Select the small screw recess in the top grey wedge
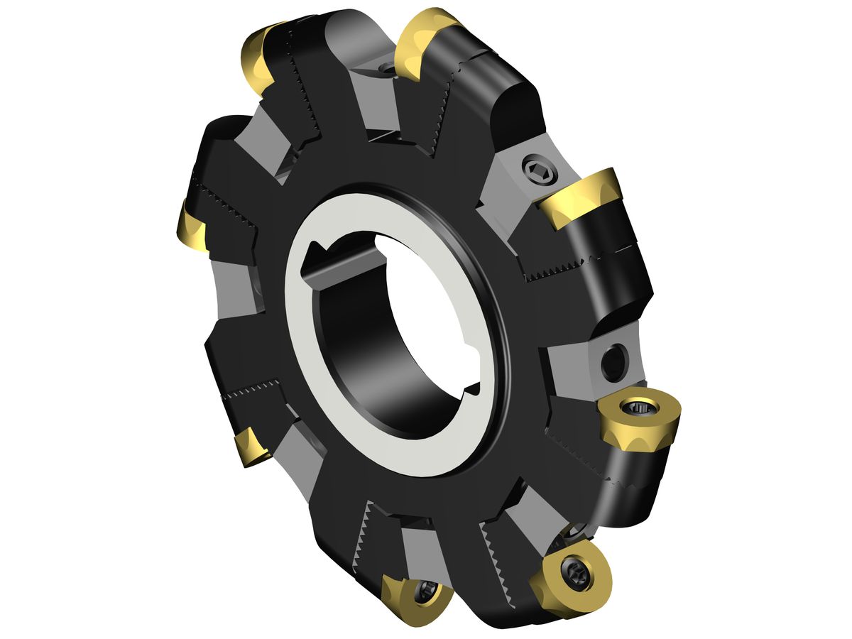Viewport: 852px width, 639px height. pyautogui.click(x=385, y=68)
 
